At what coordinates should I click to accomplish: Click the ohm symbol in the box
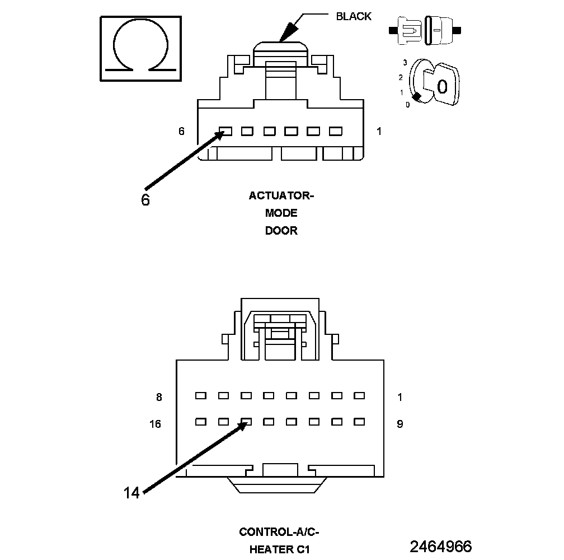click(x=140, y=49)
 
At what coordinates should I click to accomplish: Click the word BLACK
click(x=353, y=16)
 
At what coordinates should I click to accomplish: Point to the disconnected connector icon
click(x=427, y=29)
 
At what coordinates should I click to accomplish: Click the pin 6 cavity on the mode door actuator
click(x=225, y=131)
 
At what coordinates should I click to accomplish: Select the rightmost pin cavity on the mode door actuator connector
click(x=335, y=131)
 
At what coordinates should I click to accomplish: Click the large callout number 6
click(x=145, y=200)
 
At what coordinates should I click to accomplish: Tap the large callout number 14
click(x=131, y=493)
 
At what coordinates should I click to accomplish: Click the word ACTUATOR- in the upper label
click(x=281, y=196)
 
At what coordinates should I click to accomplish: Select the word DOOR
click(x=281, y=231)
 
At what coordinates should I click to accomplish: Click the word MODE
click(x=281, y=213)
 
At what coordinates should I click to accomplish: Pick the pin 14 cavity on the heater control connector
click(x=246, y=421)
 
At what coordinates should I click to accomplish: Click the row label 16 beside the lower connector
click(x=155, y=424)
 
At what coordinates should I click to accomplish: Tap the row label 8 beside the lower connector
click(x=159, y=398)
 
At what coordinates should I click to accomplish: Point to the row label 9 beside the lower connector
click(x=399, y=424)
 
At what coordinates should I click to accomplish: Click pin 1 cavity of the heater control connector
click(x=359, y=395)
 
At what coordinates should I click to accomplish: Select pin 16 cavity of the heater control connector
click(x=200, y=421)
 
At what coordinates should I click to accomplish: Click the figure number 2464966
click(x=441, y=547)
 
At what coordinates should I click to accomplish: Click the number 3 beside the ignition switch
click(x=405, y=63)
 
